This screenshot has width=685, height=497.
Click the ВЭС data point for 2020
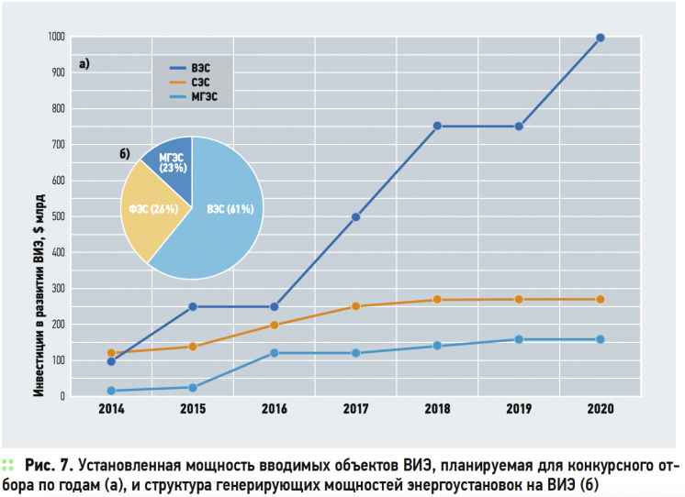(x=601, y=38)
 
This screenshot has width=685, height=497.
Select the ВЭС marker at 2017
(x=355, y=217)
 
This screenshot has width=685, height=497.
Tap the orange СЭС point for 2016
(x=274, y=325)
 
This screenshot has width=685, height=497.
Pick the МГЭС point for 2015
(x=193, y=388)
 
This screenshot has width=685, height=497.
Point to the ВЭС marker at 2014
(x=111, y=361)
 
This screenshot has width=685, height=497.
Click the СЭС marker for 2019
(x=519, y=299)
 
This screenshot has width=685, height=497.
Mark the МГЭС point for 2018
(x=437, y=346)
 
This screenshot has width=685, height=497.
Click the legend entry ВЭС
(x=201, y=68)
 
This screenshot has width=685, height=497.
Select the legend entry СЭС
(x=201, y=82)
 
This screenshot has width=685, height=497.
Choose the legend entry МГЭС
(x=205, y=95)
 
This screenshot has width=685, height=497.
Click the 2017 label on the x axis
(x=355, y=409)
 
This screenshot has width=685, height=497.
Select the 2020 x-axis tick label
(x=601, y=409)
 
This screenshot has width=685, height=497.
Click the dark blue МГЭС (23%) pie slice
(x=173, y=164)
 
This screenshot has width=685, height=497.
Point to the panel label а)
(x=84, y=64)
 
